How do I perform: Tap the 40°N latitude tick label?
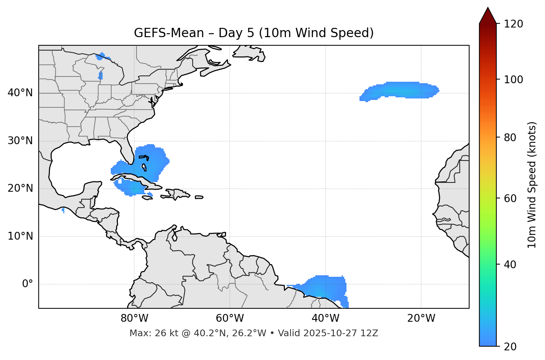20,93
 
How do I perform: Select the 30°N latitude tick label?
20,141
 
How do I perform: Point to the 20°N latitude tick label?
20,188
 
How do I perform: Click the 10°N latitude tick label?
20,236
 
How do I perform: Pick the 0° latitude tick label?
28,284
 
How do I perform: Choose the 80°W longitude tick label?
134,318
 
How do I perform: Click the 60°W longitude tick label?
230,318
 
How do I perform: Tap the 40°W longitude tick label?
325,318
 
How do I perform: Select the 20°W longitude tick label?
421,318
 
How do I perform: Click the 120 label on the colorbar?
513,24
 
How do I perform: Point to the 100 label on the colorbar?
513,80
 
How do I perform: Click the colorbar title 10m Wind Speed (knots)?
532,185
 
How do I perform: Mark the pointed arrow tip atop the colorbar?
488,8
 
